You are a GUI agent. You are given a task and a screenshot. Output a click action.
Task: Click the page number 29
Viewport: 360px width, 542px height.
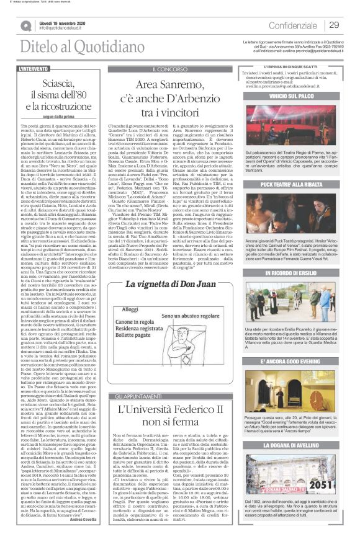coord(333,25)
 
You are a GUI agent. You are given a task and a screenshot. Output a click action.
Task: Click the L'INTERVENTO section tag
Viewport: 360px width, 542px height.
coord(34,68)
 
